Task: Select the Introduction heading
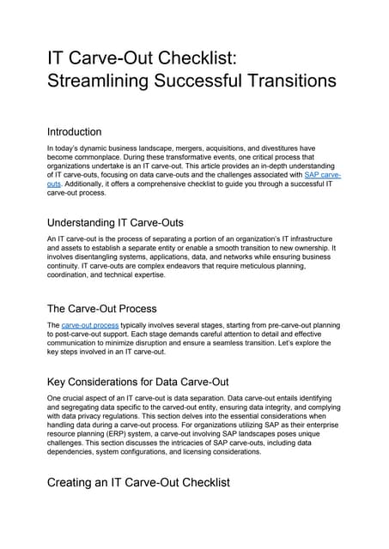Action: click(x=74, y=132)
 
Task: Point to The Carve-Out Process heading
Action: click(x=103, y=309)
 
